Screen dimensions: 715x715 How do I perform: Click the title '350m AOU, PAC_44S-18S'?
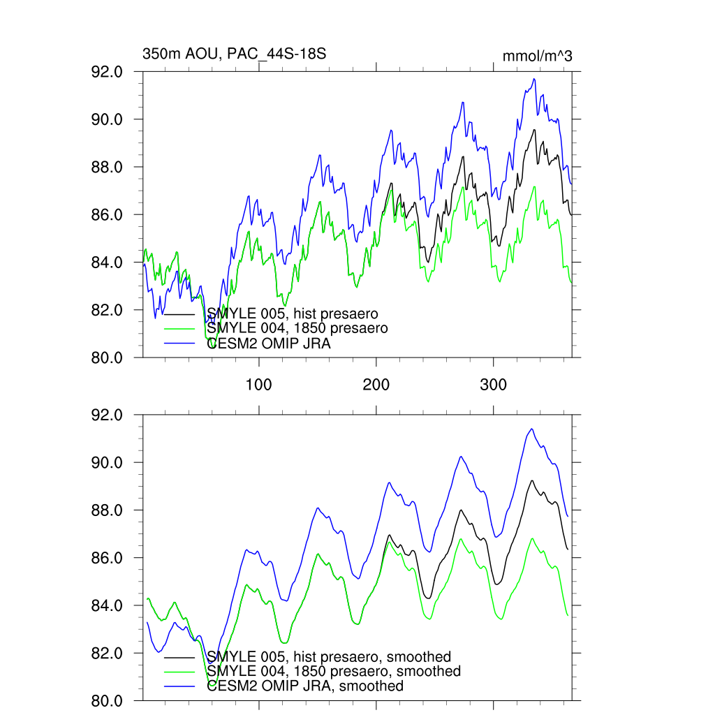click(x=235, y=54)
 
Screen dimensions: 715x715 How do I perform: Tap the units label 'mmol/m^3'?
click(x=537, y=56)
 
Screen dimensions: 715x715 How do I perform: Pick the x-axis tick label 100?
click(x=259, y=384)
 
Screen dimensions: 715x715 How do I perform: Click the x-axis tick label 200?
click(x=376, y=384)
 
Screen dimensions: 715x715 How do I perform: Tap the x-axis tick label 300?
click(x=494, y=384)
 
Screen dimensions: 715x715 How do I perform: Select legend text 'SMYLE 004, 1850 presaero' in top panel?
click(x=297, y=327)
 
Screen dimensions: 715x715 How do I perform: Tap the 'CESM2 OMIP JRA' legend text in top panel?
click(x=269, y=343)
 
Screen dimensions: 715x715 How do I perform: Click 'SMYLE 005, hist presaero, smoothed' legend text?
click(x=329, y=656)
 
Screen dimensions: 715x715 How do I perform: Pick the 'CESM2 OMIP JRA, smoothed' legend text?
click(x=305, y=686)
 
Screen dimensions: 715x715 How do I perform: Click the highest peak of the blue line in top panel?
click(x=534, y=79)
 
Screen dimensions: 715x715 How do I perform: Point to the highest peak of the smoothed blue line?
click(x=532, y=429)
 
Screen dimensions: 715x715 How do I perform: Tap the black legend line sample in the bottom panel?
click(x=179, y=657)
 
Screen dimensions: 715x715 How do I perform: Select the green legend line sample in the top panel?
click(x=179, y=328)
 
